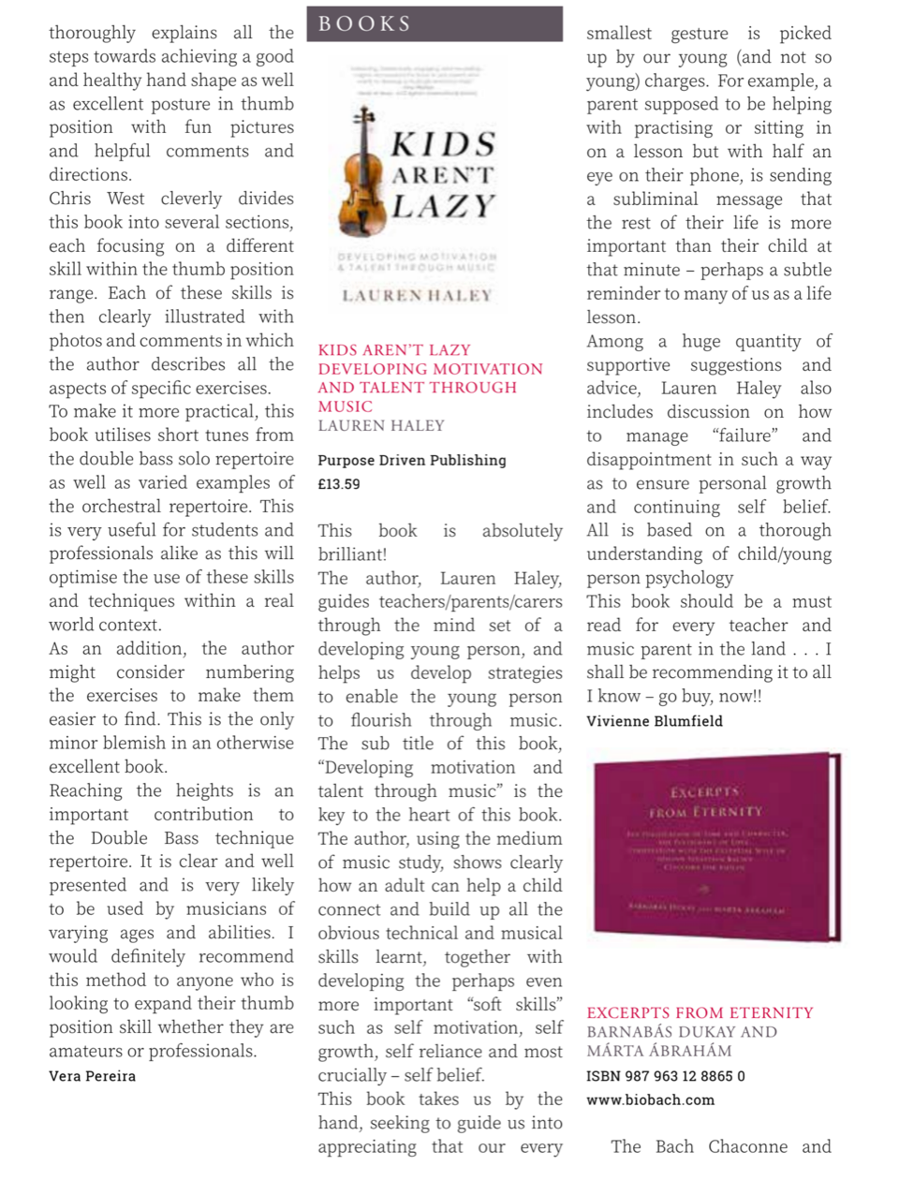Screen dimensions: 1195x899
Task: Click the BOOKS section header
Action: pos(364,24)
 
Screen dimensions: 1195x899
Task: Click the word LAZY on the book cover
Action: pos(443,206)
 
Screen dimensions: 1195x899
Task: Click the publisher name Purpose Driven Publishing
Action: pos(411,460)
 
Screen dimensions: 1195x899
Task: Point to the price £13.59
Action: pos(338,484)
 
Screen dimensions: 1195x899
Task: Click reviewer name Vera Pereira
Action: pos(92,1076)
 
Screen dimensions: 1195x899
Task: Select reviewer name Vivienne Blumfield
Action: pos(654,721)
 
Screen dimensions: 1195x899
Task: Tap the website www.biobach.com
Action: pos(650,1099)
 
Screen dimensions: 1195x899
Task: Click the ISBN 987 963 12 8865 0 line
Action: pos(665,1076)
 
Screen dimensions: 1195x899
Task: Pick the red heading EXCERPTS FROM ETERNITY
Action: pos(700,1012)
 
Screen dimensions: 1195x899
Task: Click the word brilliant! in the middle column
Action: pos(352,554)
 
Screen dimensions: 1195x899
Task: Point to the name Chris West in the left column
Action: pos(96,199)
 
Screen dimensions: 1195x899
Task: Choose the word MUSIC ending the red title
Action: pos(345,406)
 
